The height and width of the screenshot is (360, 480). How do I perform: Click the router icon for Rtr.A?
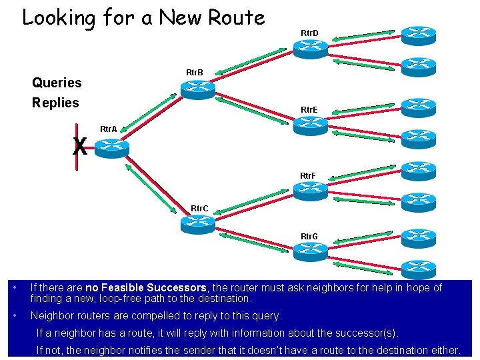[111, 147]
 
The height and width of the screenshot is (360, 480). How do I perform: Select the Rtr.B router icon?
[198, 89]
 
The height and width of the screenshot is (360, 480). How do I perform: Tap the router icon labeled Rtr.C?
[198, 225]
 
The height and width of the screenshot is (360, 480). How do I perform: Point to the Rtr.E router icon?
[311, 125]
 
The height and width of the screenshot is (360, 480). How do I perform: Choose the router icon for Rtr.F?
[311, 191]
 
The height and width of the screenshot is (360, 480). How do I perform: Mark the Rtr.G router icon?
[311, 251]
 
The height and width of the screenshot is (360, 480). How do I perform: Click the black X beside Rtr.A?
[80, 146]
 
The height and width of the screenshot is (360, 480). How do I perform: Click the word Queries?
[57, 83]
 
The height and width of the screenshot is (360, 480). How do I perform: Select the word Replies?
[55, 103]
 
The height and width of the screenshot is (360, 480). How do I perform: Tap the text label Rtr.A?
[108, 129]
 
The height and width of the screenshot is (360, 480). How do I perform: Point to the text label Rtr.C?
[199, 209]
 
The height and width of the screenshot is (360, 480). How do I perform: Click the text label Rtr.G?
[309, 237]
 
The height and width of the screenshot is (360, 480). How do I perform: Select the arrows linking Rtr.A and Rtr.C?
[151, 188]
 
